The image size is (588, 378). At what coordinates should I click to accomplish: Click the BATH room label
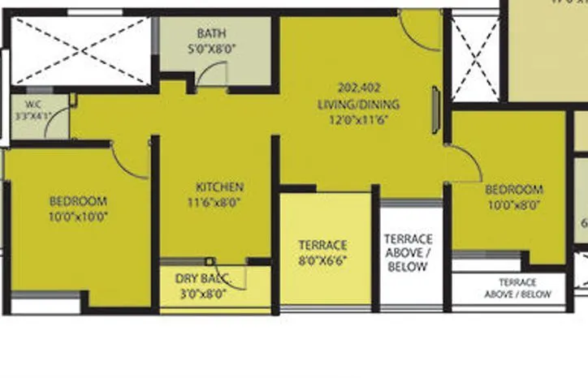point(211,34)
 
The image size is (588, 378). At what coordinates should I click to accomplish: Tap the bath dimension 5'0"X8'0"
point(211,48)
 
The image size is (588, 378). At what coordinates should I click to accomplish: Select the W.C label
point(33,104)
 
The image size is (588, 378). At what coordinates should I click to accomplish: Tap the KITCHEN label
point(214,187)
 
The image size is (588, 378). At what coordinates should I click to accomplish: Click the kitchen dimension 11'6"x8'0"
point(214,202)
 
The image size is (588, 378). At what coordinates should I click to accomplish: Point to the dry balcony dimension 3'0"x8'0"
point(202,294)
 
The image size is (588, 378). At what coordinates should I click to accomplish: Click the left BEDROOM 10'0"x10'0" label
point(78,202)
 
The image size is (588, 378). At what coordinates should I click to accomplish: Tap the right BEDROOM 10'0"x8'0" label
point(513,191)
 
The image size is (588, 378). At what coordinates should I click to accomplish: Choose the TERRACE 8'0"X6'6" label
point(322,245)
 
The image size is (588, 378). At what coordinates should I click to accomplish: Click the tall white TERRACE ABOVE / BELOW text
point(409,252)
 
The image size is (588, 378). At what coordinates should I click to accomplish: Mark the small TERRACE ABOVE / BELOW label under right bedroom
point(517,289)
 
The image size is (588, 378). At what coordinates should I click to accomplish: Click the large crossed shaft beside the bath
point(80,49)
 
